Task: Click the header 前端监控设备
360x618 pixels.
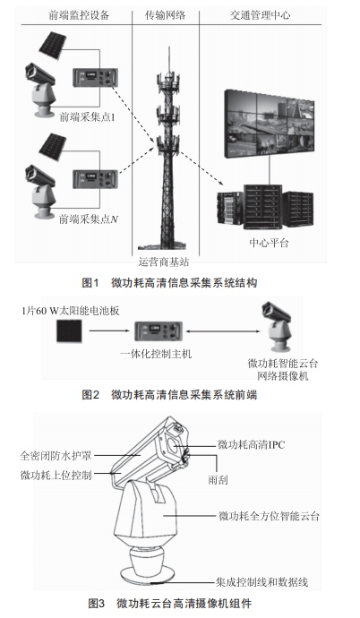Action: (79, 15)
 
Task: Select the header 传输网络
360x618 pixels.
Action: (165, 15)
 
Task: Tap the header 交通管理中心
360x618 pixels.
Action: (261, 15)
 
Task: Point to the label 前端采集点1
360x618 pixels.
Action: (87, 117)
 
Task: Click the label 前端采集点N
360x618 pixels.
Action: (89, 219)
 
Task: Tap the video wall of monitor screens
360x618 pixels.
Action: (270, 124)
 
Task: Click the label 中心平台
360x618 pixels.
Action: (269, 243)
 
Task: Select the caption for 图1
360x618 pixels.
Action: (169, 283)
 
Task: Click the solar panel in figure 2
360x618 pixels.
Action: (69, 330)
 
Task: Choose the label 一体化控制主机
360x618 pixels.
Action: (156, 354)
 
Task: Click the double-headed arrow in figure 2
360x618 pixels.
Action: (223, 331)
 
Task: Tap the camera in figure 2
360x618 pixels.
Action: (277, 327)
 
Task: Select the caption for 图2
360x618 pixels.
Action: (169, 394)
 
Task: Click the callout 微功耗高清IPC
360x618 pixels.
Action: (252, 444)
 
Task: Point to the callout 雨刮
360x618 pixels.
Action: (218, 480)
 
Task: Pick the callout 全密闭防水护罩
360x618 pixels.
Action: (56, 456)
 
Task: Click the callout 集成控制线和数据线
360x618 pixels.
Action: (261, 582)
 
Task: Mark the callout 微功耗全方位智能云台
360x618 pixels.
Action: (269, 516)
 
